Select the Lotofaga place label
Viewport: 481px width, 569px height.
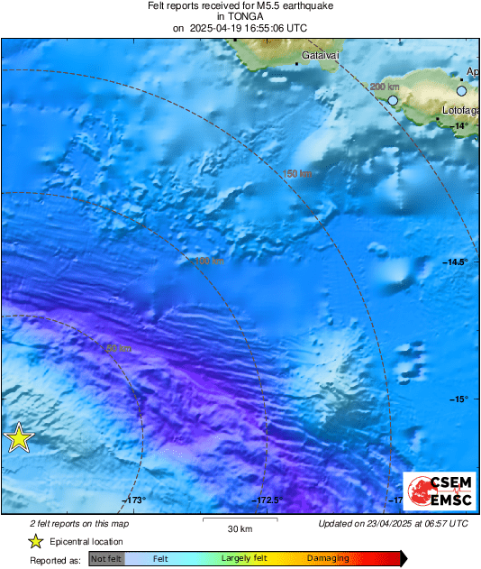click(x=460, y=110)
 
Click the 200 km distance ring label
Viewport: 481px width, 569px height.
click(x=385, y=87)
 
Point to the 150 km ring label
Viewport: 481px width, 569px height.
click(x=297, y=174)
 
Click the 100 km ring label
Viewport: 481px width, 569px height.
click(x=209, y=262)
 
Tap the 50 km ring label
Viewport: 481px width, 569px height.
click(x=119, y=348)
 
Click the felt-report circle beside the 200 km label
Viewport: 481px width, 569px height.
click(x=393, y=100)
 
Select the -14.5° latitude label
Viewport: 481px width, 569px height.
click(x=456, y=262)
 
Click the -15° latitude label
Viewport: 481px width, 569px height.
click(x=459, y=399)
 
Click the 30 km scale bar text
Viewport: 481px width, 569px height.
click(x=239, y=528)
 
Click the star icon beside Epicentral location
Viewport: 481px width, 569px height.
click(x=35, y=541)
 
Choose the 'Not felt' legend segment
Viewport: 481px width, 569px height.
click(x=106, y=559)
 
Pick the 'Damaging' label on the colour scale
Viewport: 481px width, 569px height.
click(x=328, y=559)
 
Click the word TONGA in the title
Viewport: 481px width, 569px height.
click(x=240, y=16)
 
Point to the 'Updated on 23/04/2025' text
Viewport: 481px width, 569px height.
click(x=393, y=523)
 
